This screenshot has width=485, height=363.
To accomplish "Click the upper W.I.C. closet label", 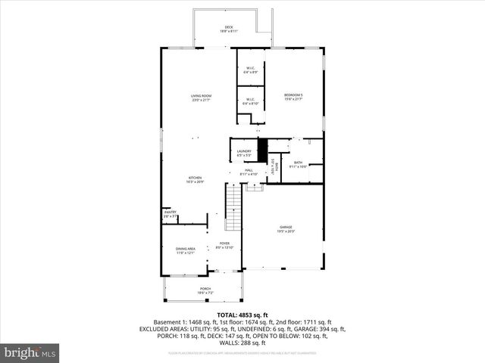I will click(251, 70).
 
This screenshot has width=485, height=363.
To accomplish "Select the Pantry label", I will click(171, 214).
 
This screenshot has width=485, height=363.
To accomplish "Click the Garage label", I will click(286, 228).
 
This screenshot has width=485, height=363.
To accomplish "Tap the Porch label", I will click(205, 290).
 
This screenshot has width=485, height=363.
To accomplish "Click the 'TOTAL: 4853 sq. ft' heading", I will click(242, 315).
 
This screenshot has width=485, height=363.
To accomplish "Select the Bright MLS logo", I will click(30, 352).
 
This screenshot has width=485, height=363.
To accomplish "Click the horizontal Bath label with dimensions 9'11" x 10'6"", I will click(298, 164).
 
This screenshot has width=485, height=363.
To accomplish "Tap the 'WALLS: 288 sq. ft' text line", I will click(242, 343).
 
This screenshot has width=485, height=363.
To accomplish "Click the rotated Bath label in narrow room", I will click(277, 166).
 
